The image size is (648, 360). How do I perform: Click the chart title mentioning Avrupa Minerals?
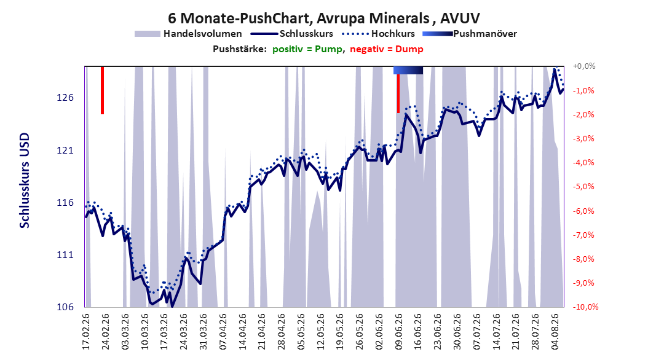(323, 18)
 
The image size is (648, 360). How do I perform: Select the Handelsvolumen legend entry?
(188, 34)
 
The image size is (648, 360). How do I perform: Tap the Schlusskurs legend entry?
(292, 34)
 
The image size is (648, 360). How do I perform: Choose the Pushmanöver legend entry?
(470, 34)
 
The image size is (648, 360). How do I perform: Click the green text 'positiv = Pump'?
(307, 49)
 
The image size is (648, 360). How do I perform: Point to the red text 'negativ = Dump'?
(387, 49)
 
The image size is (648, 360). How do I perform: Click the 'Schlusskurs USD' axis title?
(25, 180)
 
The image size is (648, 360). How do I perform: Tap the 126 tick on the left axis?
(65, 98)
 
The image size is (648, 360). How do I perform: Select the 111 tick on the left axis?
(65, 255)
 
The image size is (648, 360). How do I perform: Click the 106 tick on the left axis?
(65, 307)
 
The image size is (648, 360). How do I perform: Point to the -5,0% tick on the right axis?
(583, 187)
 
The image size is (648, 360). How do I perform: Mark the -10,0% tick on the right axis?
(585, 307)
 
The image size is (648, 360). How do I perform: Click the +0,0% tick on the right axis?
(584, 66)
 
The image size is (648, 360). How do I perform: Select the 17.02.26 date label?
(86, 332)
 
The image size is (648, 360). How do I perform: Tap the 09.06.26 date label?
(399, 332)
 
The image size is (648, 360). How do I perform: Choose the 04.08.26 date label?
(555, 332)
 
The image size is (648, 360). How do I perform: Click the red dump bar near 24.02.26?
(103, 90)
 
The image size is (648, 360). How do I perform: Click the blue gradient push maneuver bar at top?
(408, 70)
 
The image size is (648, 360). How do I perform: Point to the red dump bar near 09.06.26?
(398, 93)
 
